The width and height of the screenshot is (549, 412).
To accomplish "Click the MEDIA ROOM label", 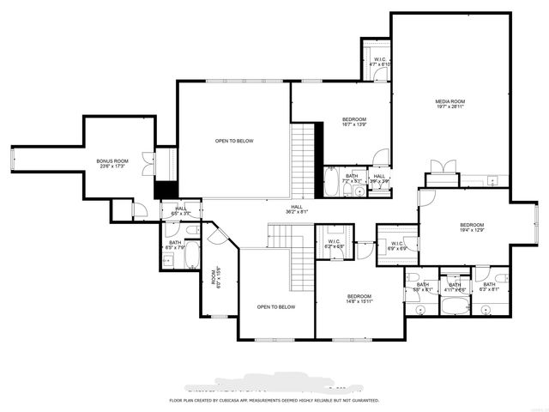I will [449, 102].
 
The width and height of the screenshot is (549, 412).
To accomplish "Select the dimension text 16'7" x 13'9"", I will [354, 125].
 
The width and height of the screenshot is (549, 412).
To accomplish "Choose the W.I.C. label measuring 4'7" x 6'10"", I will [379, 61].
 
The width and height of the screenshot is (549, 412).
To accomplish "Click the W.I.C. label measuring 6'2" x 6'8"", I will [335, 243].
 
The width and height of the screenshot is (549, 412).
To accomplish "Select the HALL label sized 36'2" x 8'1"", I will [296, 208].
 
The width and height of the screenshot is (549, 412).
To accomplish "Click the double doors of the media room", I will [442, 167].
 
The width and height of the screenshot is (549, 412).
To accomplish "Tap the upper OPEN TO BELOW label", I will [234, 141].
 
